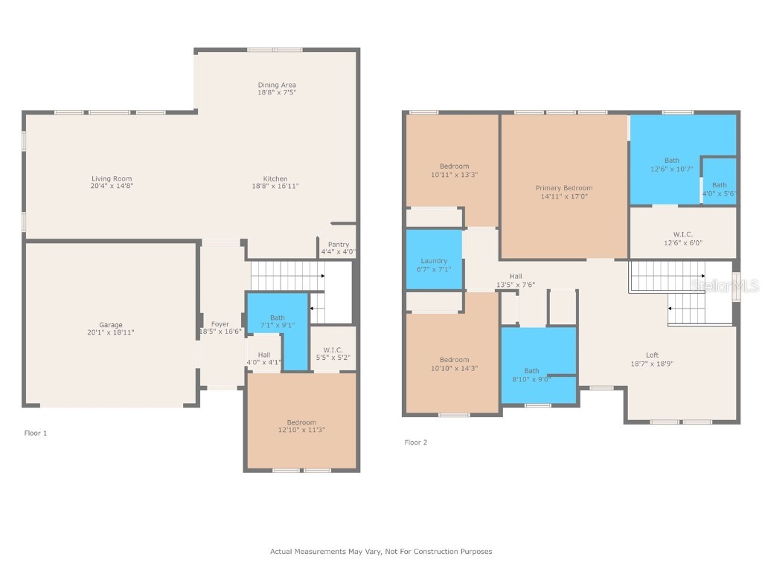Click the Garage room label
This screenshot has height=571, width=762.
tap(111, 325)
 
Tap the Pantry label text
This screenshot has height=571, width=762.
tap(338, 245)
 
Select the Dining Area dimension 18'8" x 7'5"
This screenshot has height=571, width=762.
tap(277, 93)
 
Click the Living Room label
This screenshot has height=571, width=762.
tap(112, 178)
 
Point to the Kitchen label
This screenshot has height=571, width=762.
tap(275, 178)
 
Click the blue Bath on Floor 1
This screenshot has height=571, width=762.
tap(277, 322)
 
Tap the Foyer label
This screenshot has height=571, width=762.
tap(220, 324)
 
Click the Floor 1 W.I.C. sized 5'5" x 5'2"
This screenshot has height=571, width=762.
tap(333, 353)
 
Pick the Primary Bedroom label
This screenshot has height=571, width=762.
tap(564, 188)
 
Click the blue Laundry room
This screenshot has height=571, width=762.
tap(434, 261)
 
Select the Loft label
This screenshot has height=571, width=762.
tap(652, 355)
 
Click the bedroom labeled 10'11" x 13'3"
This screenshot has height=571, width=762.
tap(454, 170)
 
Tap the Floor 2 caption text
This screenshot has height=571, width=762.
tap(416, 442)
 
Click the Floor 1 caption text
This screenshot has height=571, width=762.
tap(36, 433)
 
